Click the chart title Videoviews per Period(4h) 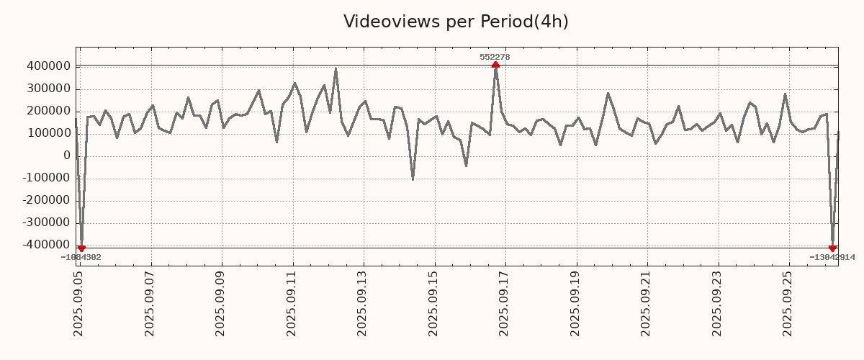tap(456, 22)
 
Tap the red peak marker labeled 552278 tap(495, 65)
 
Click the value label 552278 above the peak tap(495, 57)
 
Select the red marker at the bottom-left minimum tap(81, 248)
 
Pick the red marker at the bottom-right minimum tap(832, 248)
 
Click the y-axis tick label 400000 tap(48, 67)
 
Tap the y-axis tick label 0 tap(66, 156)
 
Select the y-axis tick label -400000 tap(45, 246)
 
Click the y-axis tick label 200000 tap(48, 112)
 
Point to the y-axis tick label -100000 tap(45, 179)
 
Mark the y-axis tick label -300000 tap(45, 223)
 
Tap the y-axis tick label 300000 tap(48, 89)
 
